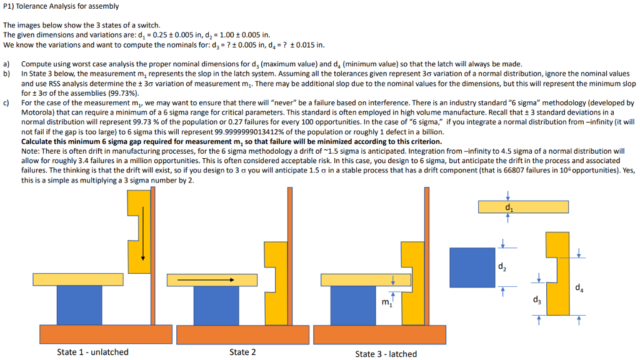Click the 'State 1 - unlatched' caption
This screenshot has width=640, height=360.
92,352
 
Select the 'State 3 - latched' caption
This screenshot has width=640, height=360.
386,354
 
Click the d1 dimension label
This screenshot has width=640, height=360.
508,207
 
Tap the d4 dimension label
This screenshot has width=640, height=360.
580,288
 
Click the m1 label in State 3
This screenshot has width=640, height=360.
386,303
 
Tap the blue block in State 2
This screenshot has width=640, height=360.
216,305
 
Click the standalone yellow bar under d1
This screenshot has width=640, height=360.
523,207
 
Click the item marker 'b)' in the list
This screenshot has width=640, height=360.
6,74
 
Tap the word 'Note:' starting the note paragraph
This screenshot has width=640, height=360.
31,151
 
